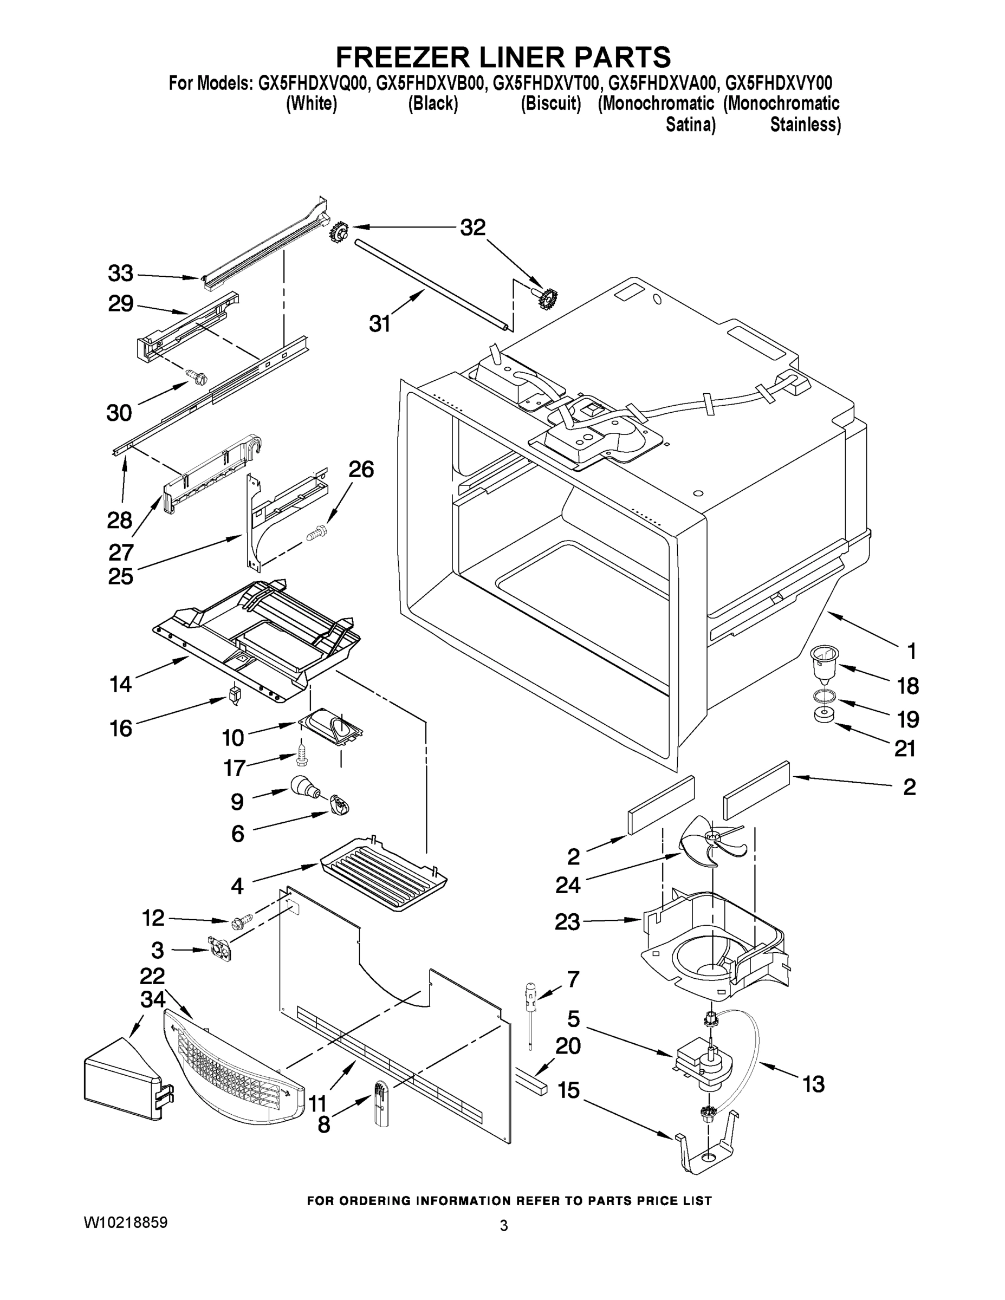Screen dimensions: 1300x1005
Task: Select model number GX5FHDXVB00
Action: click(432, 82)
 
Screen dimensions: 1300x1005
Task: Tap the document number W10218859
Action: click(125, 1223)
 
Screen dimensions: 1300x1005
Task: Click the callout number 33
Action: click(120, 274)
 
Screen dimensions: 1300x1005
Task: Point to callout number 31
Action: click(380, 324)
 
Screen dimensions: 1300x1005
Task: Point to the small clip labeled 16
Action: click(234, 694)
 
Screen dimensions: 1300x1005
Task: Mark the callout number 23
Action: click(567, 922)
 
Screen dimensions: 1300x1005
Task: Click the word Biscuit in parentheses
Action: click(551, 103)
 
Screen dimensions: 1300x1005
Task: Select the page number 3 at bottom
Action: click(504, 1226)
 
